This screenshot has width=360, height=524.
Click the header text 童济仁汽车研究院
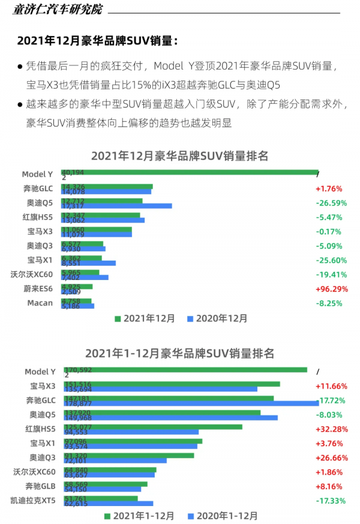tap(57, 10)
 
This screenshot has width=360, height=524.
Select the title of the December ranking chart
tap(179, 156)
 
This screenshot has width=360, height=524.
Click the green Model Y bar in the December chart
tap(189, 172)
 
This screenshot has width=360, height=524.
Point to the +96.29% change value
tap(331, 288)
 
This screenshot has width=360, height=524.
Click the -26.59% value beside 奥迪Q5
tap(331, 203)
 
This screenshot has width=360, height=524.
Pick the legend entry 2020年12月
tap(217, 318)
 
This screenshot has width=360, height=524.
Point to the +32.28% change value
tap(331, 429)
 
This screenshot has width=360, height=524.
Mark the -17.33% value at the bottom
tap(331, 500)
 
